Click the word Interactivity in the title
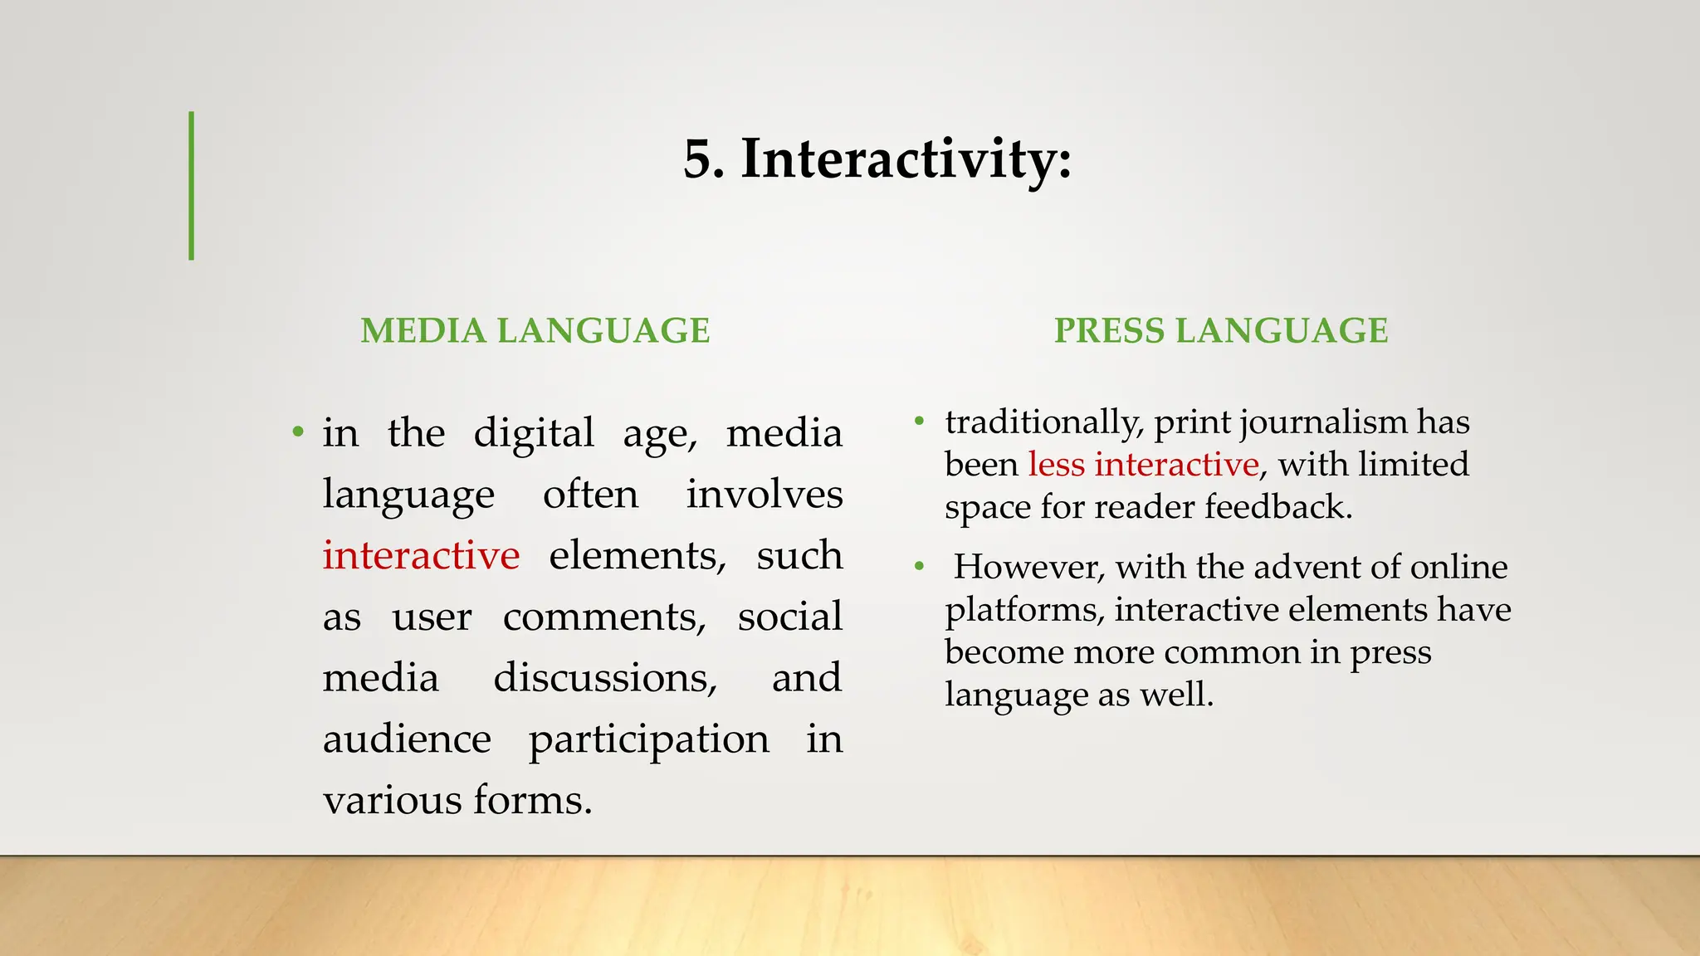click(x=906, y=159)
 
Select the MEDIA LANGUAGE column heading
click(x=535, y=331)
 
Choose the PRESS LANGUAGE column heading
click(x=1221, y=331)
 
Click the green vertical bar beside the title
click(x=192, y=186)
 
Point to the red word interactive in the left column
click(x=421, y=555)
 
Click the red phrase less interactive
click(x=1143, y=465)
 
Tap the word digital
click(x=534, y=433)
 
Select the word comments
click(x=604, y=617)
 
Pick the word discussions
click(x=605, y=678)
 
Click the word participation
click(x=649, y=739)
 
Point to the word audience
click(x=407, y=739)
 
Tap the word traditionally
click(x=1044, y=422)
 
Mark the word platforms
click(x=1024, y=610)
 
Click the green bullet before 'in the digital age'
click(x=298, y=432)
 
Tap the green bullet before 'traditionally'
click(x=919, y=422)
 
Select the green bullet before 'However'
click(x=919, y=568)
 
